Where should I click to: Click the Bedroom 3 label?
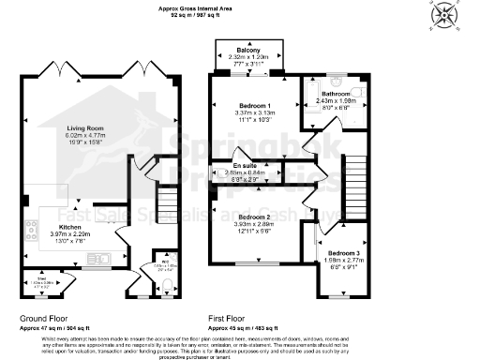[x=342, y=253]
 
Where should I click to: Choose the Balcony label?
[x=248, y=50]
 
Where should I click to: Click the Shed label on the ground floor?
[x=29, y=277]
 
